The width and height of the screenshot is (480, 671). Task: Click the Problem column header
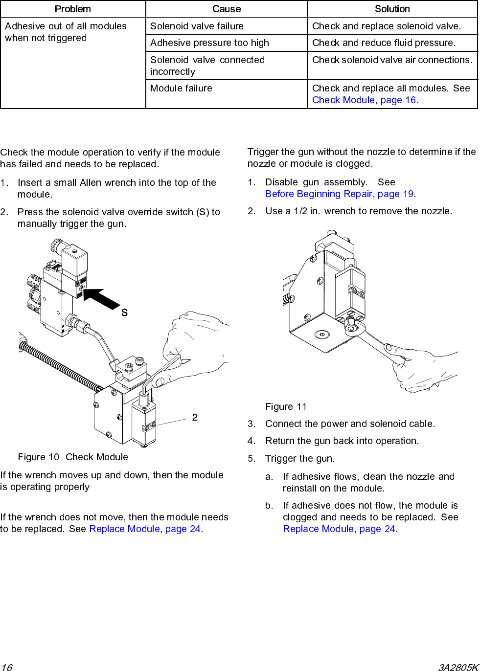pos(73,9)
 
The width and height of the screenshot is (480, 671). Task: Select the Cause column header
pos(227,9)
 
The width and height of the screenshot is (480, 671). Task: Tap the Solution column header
pos(392,9)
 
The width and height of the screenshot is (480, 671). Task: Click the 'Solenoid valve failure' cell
pos(197,26)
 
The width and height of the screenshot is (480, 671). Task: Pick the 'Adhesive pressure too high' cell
pos(209,43)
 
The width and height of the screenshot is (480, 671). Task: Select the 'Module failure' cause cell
pos(181,88)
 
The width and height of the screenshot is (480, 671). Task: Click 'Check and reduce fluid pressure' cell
pos(384,43)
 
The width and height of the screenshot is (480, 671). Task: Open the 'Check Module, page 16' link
pos(364,100)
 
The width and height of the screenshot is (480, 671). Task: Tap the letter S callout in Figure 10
pos(124,313)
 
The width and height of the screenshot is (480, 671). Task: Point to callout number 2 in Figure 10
pos(195,417)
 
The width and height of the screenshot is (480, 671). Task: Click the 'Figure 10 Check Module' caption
pos(73,457)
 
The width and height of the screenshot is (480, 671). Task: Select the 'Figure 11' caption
pos(286,406)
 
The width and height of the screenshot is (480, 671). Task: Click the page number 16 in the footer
pos(6,667)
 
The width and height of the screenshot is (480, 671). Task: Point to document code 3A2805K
pos(457,667)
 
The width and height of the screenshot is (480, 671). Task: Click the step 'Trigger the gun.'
pos(300,458)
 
